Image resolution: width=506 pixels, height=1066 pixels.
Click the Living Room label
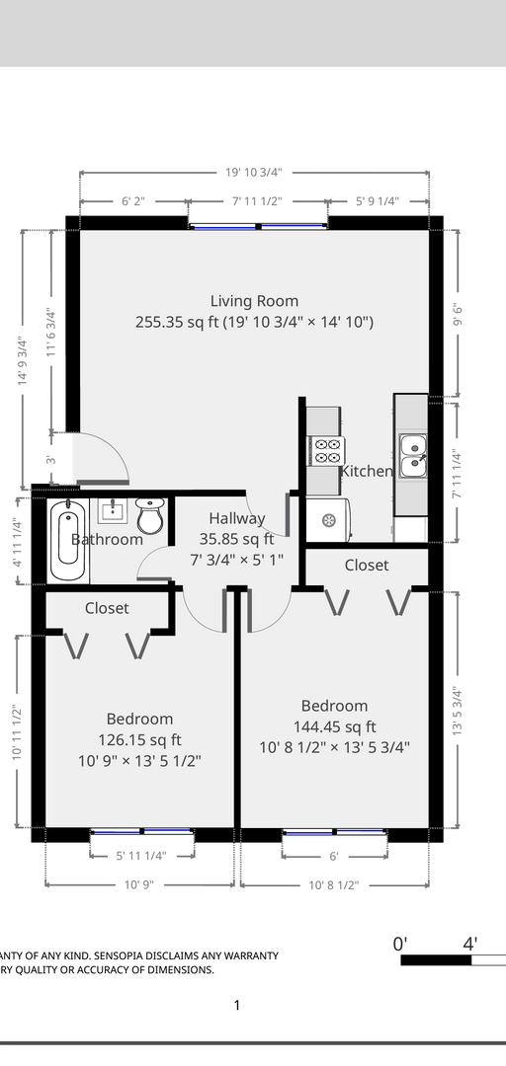pos(254,300)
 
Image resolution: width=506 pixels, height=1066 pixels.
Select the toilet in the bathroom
pos(150,515)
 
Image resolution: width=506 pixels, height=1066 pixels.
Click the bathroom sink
pos(113,510)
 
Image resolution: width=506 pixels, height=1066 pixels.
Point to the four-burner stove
pos(327,451)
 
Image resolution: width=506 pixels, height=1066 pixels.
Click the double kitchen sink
pos(413,455)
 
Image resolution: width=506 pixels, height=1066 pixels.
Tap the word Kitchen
pos(367,471)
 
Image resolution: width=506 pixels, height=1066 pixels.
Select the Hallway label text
pos(236,518)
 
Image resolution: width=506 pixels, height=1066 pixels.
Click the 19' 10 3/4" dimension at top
pos(253,172)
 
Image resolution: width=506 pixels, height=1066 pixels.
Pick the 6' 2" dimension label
pos(132,201)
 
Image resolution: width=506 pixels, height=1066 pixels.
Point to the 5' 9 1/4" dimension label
pos(378,201)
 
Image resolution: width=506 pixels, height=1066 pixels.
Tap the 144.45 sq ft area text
pos(334,726)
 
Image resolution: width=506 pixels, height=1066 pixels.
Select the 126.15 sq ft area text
pos(139,739)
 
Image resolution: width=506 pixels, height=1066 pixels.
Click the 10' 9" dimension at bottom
pos(139,884)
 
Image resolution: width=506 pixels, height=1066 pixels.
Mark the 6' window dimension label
pos(334,857)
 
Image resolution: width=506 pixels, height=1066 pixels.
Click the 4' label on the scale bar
pos(469,944)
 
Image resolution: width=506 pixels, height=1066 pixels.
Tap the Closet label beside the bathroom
pos(107,608)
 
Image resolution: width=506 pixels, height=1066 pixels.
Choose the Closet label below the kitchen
pos(367,565)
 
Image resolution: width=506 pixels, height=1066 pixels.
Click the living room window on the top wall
pos(257,226)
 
